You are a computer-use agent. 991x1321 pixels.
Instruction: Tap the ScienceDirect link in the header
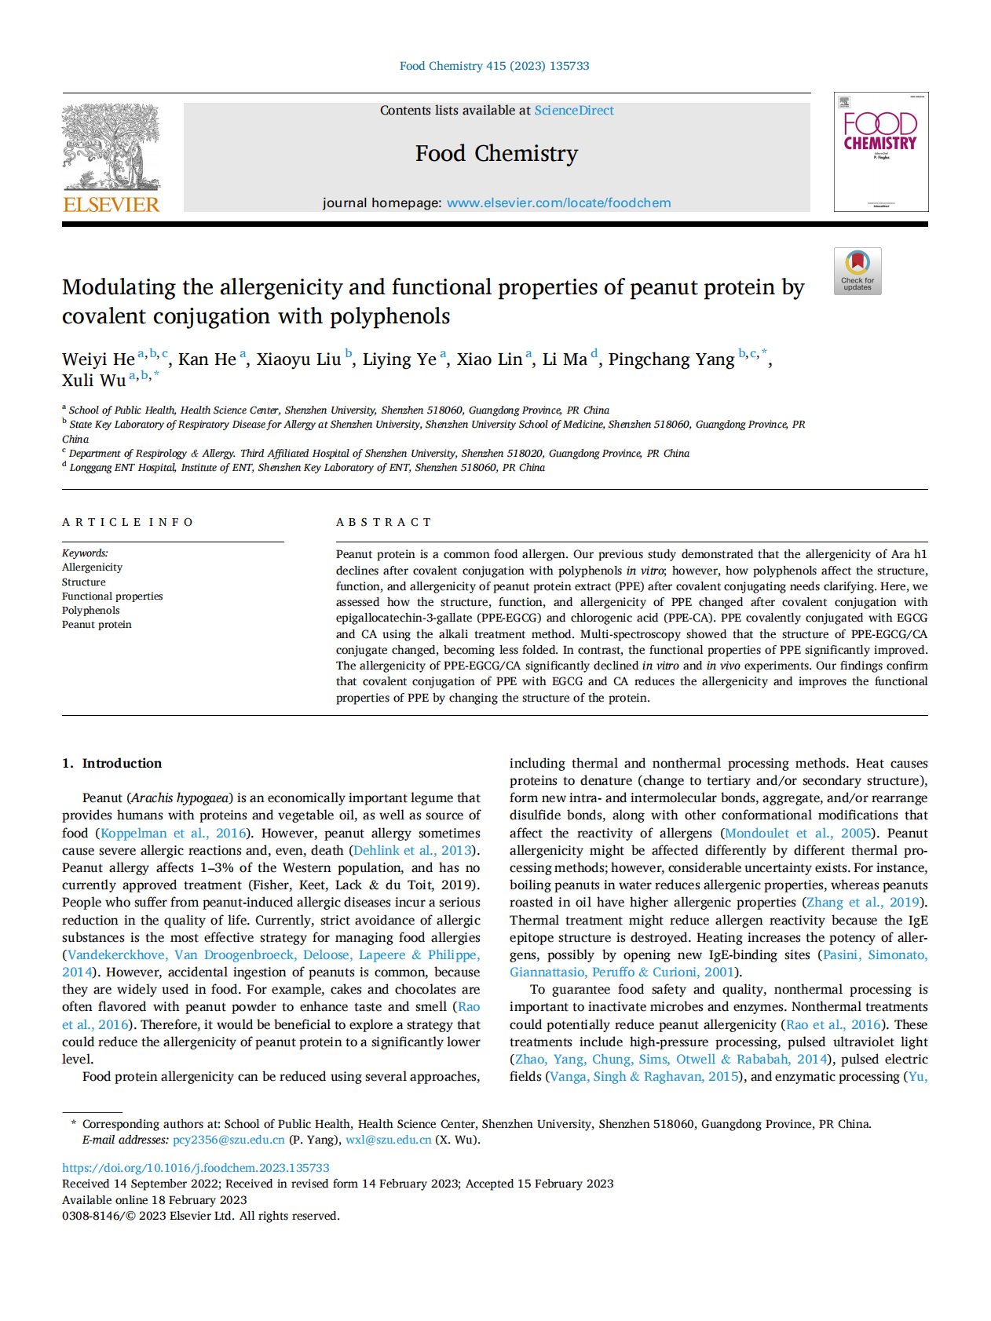point(574,111)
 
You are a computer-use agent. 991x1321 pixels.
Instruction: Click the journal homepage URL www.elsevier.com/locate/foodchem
point(558,203)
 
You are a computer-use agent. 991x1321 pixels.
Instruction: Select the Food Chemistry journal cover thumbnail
point(880,151)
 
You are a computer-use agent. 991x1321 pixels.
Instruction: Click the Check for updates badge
point(858,272)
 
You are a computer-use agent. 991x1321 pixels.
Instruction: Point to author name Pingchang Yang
point(671,359)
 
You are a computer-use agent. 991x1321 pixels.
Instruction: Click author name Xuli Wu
point(94,381)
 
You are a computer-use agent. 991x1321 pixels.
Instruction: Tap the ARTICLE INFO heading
point(127,522)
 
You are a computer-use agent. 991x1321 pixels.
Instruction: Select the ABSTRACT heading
point(384,522)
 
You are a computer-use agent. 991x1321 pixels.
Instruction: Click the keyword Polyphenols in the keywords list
point(91,611)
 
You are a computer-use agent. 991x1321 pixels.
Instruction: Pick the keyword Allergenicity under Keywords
point(92,567)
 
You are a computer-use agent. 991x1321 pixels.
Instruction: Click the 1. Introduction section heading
point(112,763)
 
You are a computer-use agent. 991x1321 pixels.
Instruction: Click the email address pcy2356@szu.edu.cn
point(229,1140)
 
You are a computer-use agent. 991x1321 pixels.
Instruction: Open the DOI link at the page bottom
point(196,1168)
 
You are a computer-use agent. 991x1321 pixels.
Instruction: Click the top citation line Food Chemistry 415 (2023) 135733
point(494,66)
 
